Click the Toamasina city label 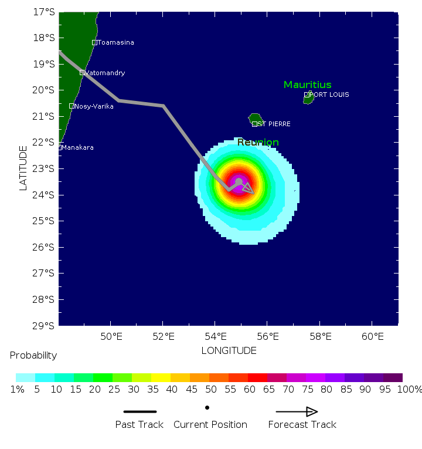pos(115,42)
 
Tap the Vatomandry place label pos(105,73)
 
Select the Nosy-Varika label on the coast pos(94,106)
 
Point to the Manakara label pos(77,147)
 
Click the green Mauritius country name pos(308,85)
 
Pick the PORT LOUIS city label pos(329,94)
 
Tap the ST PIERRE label pos(274,124)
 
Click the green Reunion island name pos(258,142)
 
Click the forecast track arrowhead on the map pos(249,188)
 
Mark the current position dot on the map pos(239,182)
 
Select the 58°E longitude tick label pos(321,336)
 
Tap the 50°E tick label pos(111,336)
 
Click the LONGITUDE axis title pos(229,350)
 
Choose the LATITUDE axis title pos(23,168)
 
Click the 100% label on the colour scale pos(410,389)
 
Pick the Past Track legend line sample pos(139,411)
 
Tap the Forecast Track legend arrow pos(297,411)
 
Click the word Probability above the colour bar pos(33,356)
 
